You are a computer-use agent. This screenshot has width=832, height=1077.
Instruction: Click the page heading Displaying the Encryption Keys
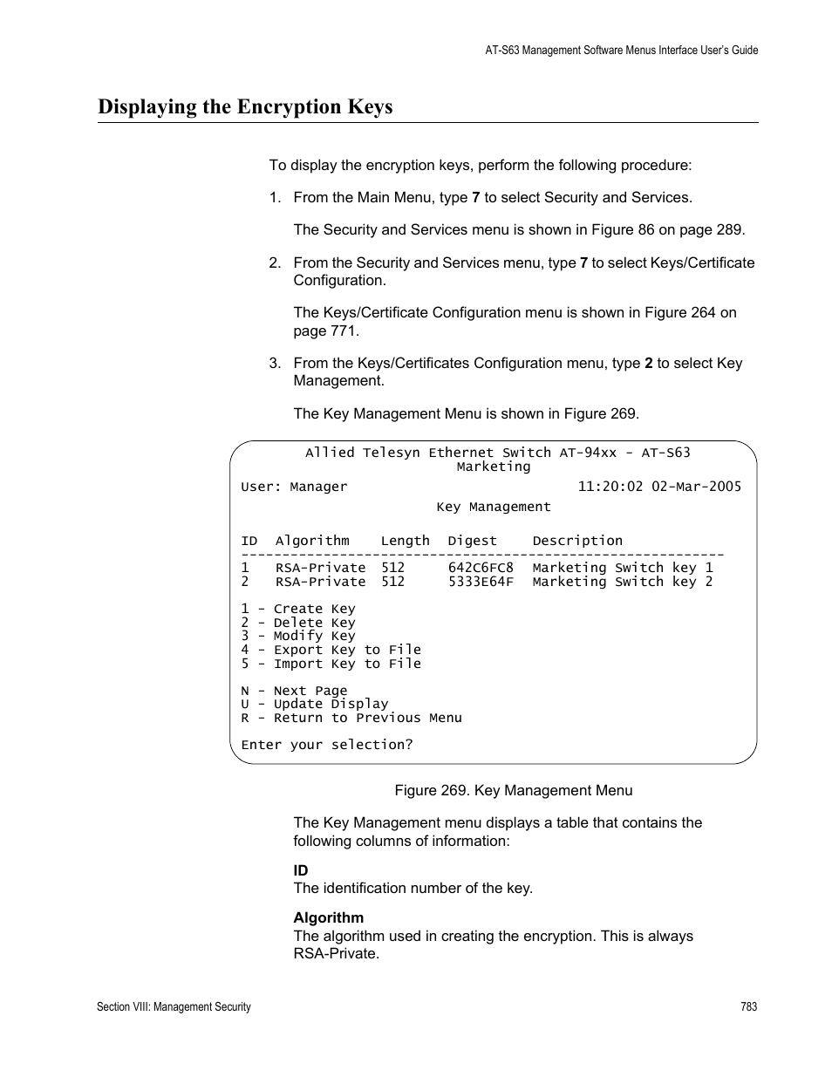245,107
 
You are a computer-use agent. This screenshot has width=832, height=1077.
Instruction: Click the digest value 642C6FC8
481,568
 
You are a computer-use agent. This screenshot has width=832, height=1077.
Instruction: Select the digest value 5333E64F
481,582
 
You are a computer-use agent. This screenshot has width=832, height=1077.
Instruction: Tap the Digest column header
472,541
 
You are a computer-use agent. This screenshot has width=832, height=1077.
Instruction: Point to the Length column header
405,541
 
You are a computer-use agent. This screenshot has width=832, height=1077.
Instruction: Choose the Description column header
577,541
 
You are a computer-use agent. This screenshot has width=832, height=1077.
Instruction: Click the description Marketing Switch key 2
622,582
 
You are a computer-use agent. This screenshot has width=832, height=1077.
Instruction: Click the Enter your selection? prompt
327,745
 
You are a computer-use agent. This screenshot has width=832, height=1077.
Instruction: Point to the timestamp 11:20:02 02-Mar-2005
659,487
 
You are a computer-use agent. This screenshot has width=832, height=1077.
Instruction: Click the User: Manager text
294,487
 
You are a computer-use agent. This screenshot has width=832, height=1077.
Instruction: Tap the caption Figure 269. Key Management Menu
514,790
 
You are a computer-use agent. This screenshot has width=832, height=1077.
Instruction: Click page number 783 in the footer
748,1006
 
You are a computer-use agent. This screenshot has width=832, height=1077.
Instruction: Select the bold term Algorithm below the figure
328,917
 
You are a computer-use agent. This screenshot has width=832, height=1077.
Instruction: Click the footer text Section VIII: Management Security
174,1006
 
